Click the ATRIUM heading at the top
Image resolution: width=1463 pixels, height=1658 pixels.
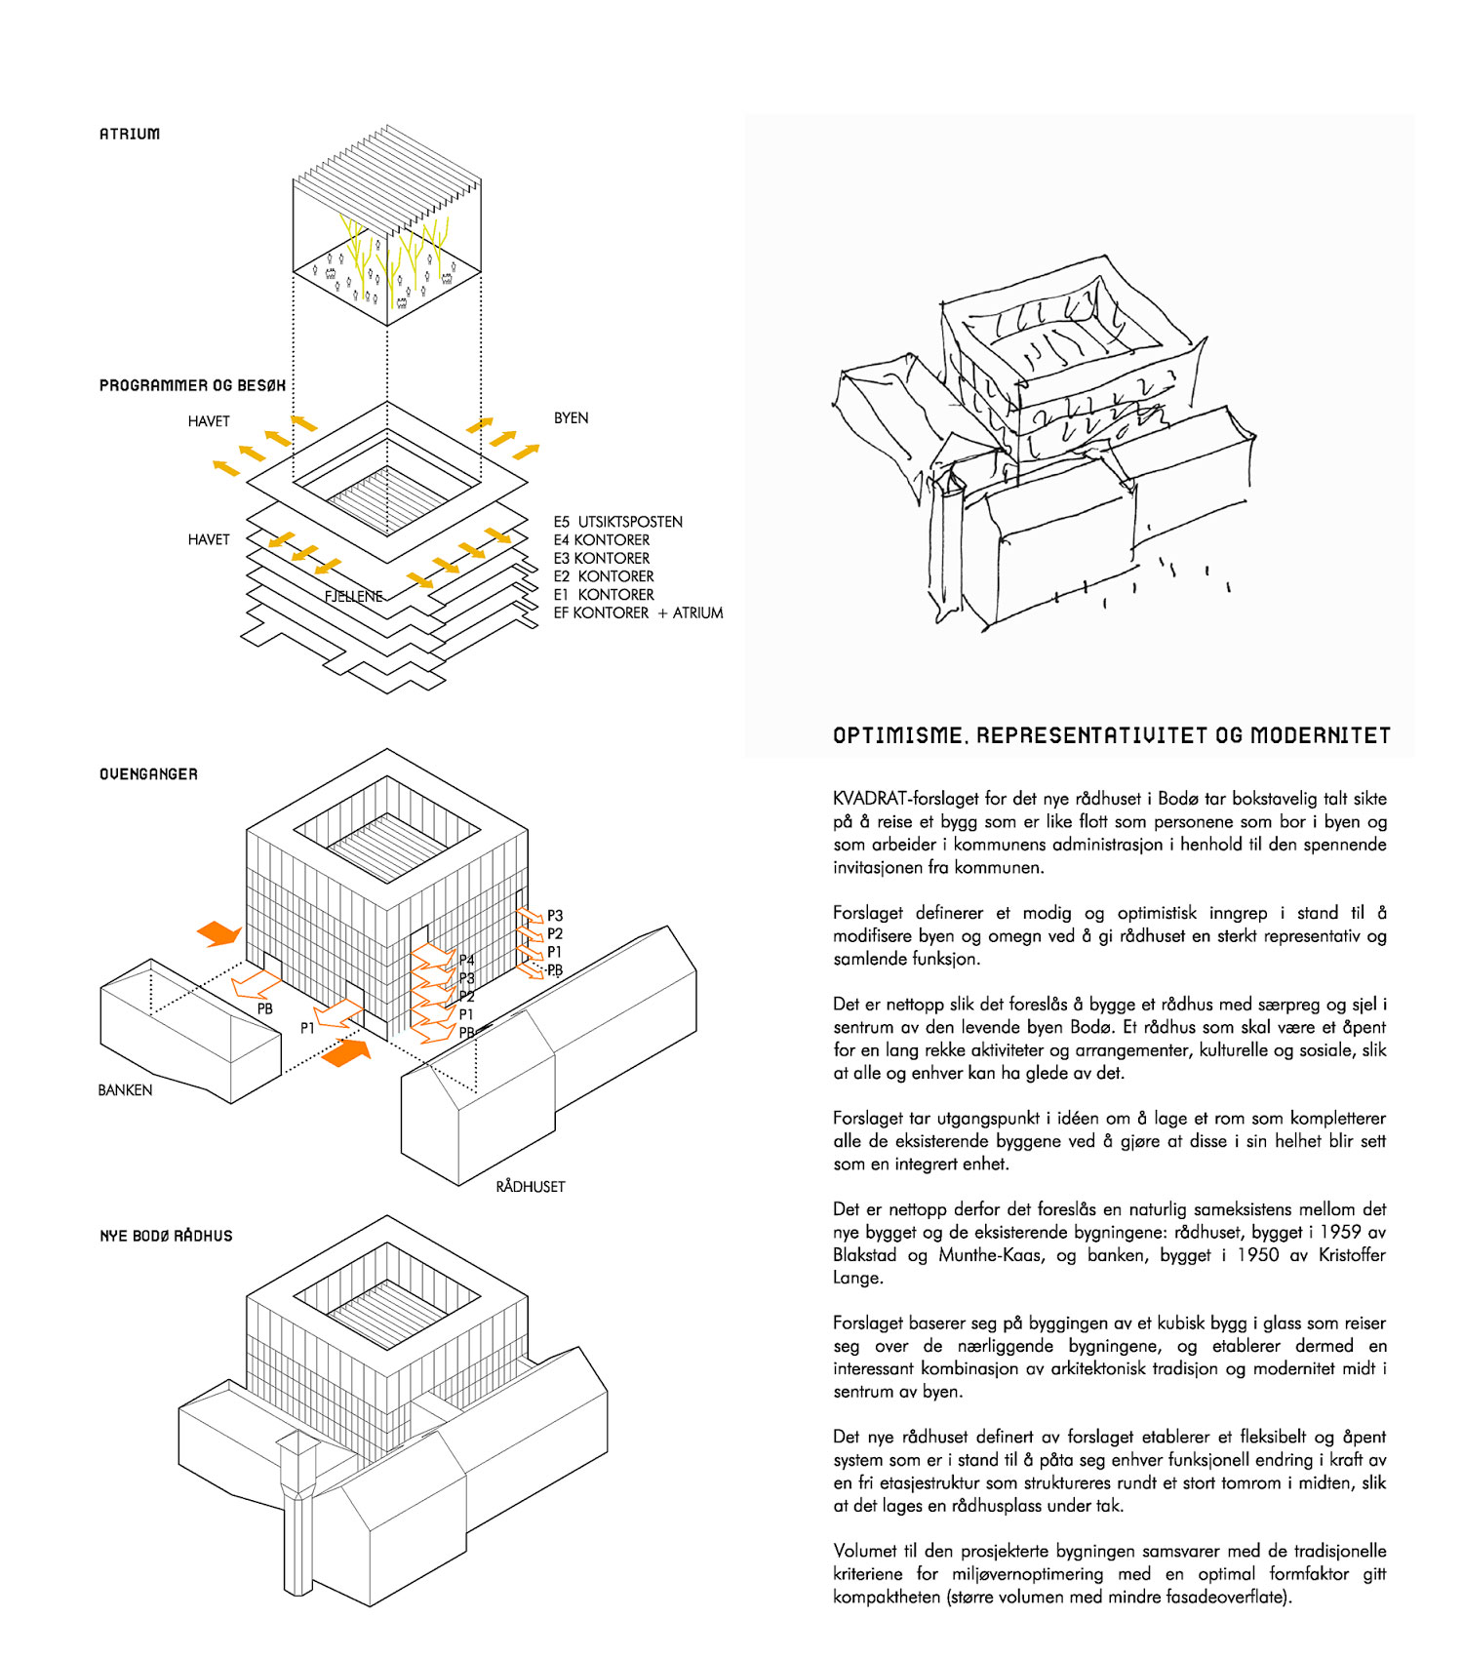click(129, 134)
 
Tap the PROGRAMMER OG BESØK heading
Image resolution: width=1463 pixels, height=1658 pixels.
click(192, 385)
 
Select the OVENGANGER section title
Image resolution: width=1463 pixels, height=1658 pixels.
click(148, 774)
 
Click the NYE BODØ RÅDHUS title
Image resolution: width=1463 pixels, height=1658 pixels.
click(166, 1236)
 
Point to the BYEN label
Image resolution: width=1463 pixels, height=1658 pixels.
click(571, 417)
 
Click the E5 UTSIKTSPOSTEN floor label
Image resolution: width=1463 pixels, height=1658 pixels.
click(617, 522)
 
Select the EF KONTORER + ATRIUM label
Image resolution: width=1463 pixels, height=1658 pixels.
click(638, 612)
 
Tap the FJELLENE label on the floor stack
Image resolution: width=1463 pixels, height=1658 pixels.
click(353, 596)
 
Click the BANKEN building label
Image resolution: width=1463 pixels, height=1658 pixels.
click(125, 1089)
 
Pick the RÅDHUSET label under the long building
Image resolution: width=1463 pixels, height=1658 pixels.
click(531, 1186)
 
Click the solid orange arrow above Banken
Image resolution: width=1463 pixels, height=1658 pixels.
click(219, 933)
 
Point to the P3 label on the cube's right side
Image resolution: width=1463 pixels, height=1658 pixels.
click(555, 915)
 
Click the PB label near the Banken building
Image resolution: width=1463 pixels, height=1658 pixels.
click(264, 1008)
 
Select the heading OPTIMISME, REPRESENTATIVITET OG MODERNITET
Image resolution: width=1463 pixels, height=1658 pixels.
click(1111, 735)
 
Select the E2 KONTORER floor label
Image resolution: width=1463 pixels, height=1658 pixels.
click(604, 576)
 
